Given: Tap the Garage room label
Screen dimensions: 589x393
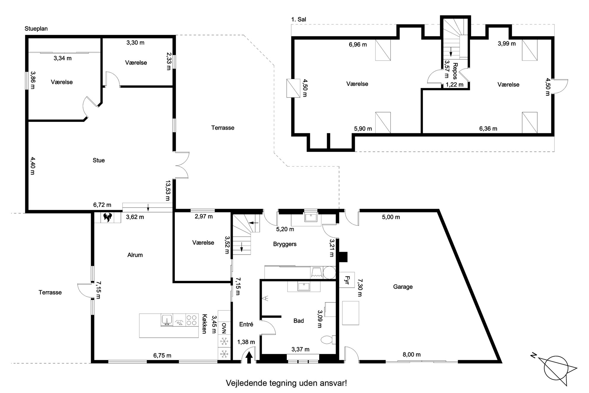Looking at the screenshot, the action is (x=403, y=287).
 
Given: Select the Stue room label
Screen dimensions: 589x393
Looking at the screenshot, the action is (x=99, y=160).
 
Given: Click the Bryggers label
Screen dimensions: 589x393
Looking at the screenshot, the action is (x=285, y=244).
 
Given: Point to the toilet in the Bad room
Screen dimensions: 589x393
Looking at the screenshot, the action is (x=328, y=340).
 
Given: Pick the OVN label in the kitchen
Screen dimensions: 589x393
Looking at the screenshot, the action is (x=224, y=328).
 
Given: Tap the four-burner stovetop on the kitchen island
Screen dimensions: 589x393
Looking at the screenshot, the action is (x=192, y=320).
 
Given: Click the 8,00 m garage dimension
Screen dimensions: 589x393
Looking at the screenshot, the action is (x=411, y=354).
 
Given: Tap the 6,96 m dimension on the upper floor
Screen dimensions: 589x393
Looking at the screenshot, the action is (x=358, y=45).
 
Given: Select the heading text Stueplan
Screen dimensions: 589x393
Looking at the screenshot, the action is (x=36, y=29).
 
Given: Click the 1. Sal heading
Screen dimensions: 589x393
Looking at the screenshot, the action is (x=299, y=19).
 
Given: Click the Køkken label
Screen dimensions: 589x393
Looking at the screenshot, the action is (x=204, y=324).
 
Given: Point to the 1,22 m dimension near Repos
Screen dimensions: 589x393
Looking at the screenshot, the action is (x=455, y=85).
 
